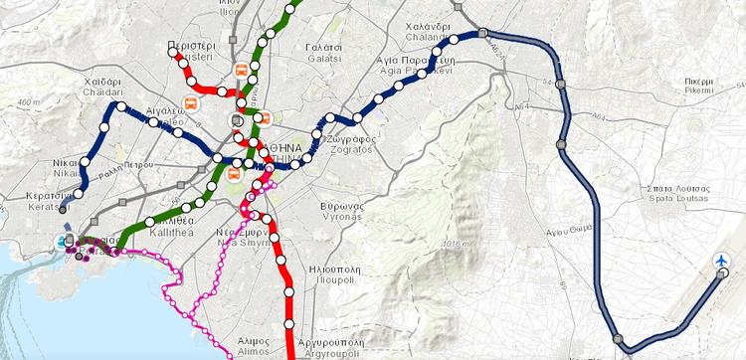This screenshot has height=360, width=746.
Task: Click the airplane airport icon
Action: (722, 261)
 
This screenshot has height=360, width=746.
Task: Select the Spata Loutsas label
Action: (681, 193)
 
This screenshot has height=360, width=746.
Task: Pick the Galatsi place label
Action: (324, 53)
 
